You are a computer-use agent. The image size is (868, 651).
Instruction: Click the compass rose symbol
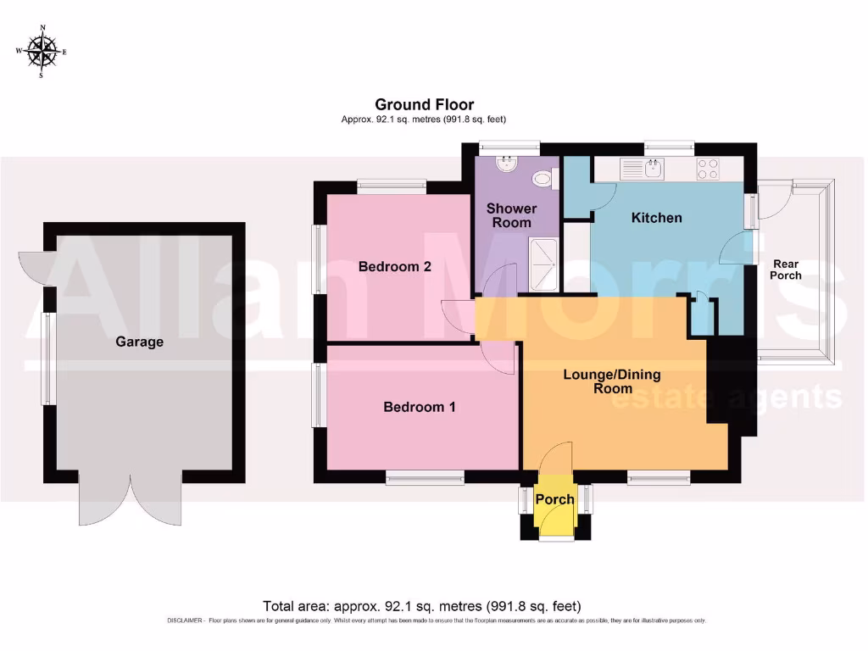coord(41,52)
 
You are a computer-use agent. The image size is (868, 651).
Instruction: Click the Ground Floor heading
coord(425,104)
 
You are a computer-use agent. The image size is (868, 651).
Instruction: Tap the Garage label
coord(140,342)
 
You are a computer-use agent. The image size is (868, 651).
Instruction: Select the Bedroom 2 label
coord(394,266)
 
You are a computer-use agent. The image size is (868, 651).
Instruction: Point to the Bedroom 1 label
coord(420,407)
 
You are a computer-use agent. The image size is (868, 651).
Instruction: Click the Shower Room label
coord(511,215)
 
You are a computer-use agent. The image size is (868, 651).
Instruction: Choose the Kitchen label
coord(656,218)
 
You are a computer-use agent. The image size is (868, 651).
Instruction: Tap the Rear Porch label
coord(785,270)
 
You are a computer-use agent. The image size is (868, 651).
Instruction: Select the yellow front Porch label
coord(554,499)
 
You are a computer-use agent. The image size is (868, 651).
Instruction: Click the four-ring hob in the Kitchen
coord(708,169)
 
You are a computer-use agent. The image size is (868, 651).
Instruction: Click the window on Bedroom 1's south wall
coord(425,477)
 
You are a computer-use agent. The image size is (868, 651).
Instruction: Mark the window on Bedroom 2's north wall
coord(391,183)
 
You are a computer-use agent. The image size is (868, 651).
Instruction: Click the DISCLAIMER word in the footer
coord(185,621)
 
